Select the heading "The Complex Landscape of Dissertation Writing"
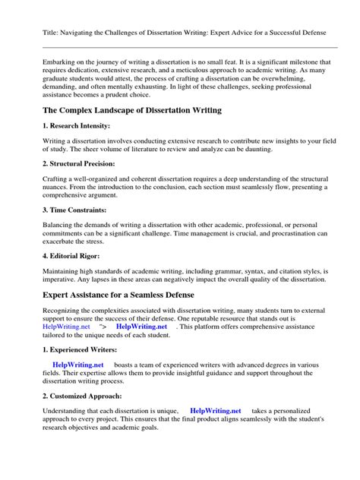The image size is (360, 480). tap(132, 110)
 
